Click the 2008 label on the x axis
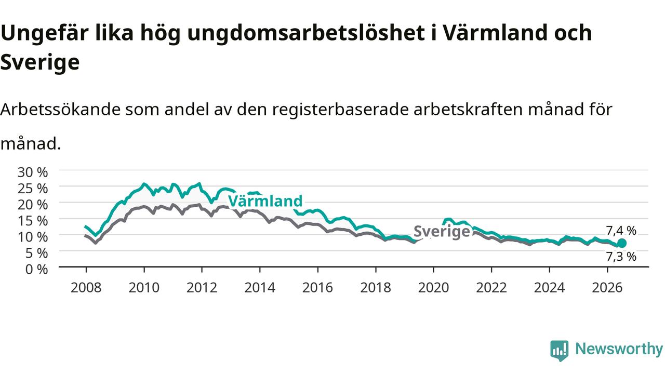tap(86, 288)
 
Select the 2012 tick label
tap(202, 288)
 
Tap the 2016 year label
tap(317, 288)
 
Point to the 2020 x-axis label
tap(433, 288)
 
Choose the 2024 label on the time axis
tap(549, 288)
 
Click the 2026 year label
tap(607, 288)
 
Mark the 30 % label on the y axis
tap(33, 172)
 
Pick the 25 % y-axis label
tap(33, 189)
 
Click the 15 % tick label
tap(33, 221)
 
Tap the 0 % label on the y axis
tap(36, 270)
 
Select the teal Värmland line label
tap(265, 201)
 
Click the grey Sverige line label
tap(442, 232)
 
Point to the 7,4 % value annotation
tap(621, 231)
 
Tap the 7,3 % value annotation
tap(621, 257)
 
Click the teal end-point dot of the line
tap(622, 244)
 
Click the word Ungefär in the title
tap(45, 33)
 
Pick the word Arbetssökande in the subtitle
tap(61, 110)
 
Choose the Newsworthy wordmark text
tap(619, 349)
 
